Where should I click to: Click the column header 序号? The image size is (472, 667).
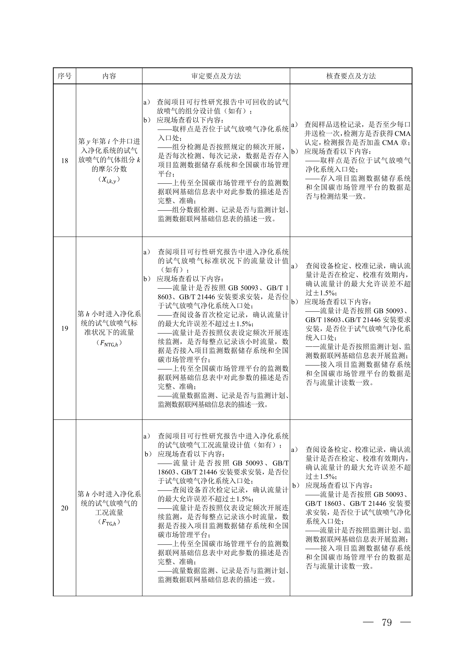point(65,76)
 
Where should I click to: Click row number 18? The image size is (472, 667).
point(65,161)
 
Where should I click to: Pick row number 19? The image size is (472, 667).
point(65,328)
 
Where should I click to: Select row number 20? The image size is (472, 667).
point(65,508)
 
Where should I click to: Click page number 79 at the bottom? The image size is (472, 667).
point(387,623)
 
